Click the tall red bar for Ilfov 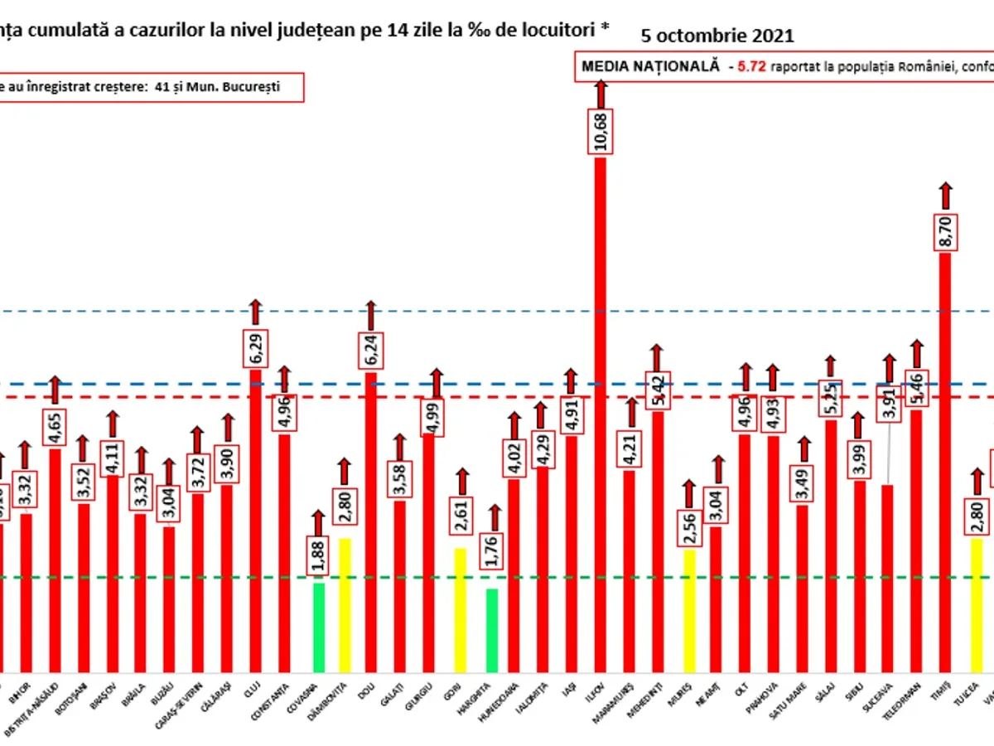600,414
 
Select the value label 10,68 600,131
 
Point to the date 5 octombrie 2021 717,36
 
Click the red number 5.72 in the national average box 742,68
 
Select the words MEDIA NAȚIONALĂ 651,68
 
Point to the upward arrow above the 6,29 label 256,311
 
